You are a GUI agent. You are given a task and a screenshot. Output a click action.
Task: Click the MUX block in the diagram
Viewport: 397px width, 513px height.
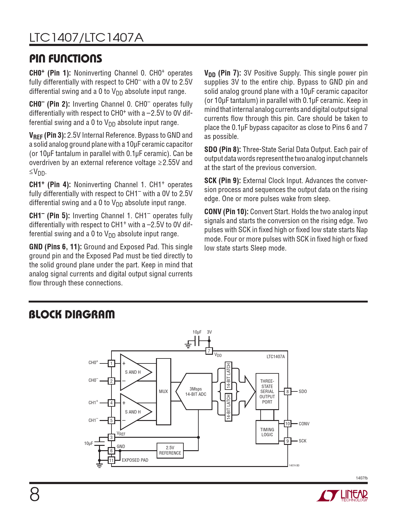click(163, 391)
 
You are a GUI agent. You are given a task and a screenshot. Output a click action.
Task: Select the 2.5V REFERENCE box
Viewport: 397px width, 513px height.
click(170, 451)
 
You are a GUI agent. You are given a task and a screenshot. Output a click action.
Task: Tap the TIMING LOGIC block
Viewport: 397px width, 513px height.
click(267, 432)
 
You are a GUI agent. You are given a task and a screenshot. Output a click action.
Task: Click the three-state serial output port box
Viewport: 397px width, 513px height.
click(267, 391)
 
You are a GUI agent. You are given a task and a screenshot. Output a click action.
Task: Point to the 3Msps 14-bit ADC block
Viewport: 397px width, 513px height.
click(195, 392)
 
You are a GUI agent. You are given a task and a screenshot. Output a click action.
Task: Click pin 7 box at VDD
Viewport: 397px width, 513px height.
click(209, 351)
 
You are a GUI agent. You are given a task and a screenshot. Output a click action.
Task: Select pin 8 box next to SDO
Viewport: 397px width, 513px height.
click(288, 392)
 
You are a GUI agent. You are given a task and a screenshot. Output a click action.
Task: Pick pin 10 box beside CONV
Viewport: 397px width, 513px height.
click(287, 424)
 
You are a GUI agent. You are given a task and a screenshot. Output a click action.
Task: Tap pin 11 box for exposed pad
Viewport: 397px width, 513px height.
click(111, 460)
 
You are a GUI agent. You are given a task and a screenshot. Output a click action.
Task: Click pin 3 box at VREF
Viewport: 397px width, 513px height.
click(111, 437)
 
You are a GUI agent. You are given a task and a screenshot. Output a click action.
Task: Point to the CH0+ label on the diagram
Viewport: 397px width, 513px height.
click(93, 363)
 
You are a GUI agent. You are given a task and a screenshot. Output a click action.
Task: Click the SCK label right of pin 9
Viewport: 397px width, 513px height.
click(302, 441)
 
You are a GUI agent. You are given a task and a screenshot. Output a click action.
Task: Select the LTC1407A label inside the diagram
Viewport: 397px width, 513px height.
click(276, 357)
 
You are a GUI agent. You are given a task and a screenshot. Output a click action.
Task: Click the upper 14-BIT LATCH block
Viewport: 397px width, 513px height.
click(229, 376)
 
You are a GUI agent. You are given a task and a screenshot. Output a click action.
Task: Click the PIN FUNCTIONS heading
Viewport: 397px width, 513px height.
click(66, 59)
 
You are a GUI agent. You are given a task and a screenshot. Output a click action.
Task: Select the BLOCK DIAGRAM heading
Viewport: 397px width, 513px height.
click(72, 315)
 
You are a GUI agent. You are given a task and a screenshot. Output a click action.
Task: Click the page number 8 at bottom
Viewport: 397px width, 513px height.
click(35, 495)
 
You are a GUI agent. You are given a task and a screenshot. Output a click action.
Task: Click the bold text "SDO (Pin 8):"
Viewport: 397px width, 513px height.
click(222, 150)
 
